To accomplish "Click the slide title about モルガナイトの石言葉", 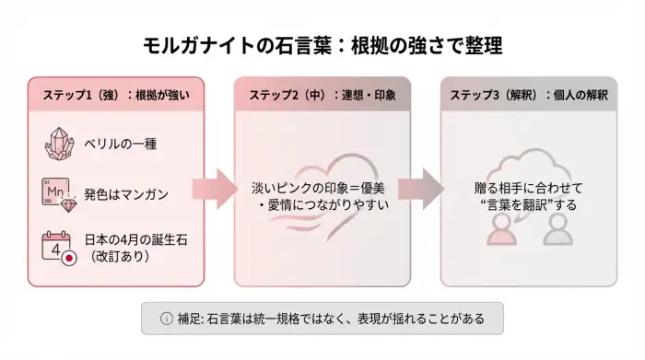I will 322,44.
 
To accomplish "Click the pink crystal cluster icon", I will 58,145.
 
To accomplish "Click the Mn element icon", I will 57,192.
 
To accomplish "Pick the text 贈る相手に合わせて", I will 522,187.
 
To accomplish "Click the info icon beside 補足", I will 166,319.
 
